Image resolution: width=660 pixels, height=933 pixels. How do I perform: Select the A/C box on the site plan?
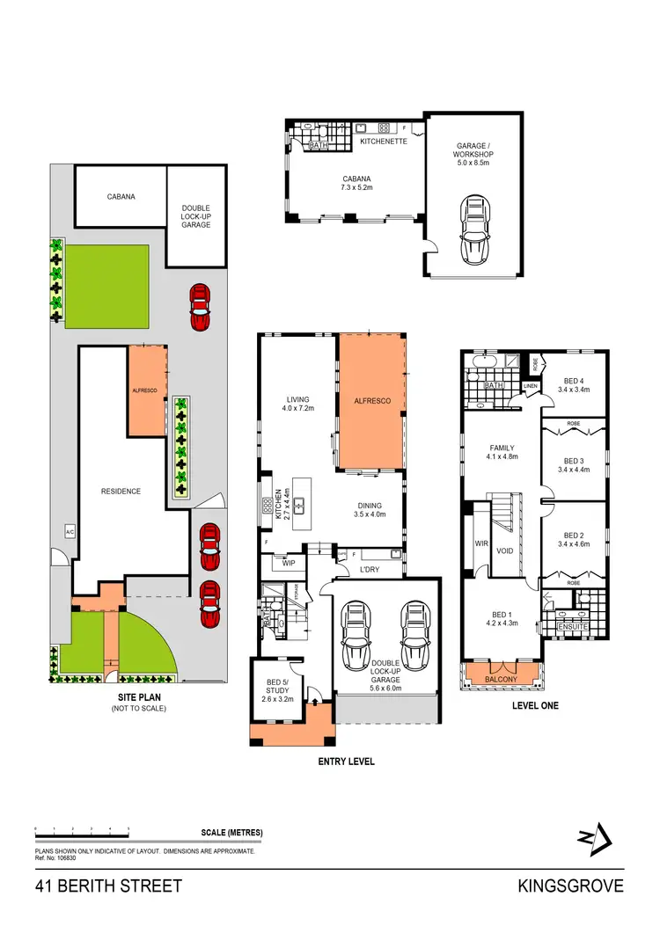(70, 531)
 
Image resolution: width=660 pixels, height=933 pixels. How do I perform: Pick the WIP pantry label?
(289, 562)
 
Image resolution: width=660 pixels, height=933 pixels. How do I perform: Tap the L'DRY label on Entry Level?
(370, 571)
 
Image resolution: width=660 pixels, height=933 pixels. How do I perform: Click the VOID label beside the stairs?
(505, 551)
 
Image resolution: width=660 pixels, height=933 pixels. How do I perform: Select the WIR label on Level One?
(481, 543)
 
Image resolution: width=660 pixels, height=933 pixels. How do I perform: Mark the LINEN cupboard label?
(530, 386)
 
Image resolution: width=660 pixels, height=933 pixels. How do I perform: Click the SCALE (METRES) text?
(232, 832)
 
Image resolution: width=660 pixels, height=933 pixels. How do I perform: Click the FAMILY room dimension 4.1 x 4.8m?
(502, 457)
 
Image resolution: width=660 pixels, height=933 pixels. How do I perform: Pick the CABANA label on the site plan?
(121, 197)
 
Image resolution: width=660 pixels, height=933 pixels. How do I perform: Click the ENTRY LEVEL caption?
(346, 762)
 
